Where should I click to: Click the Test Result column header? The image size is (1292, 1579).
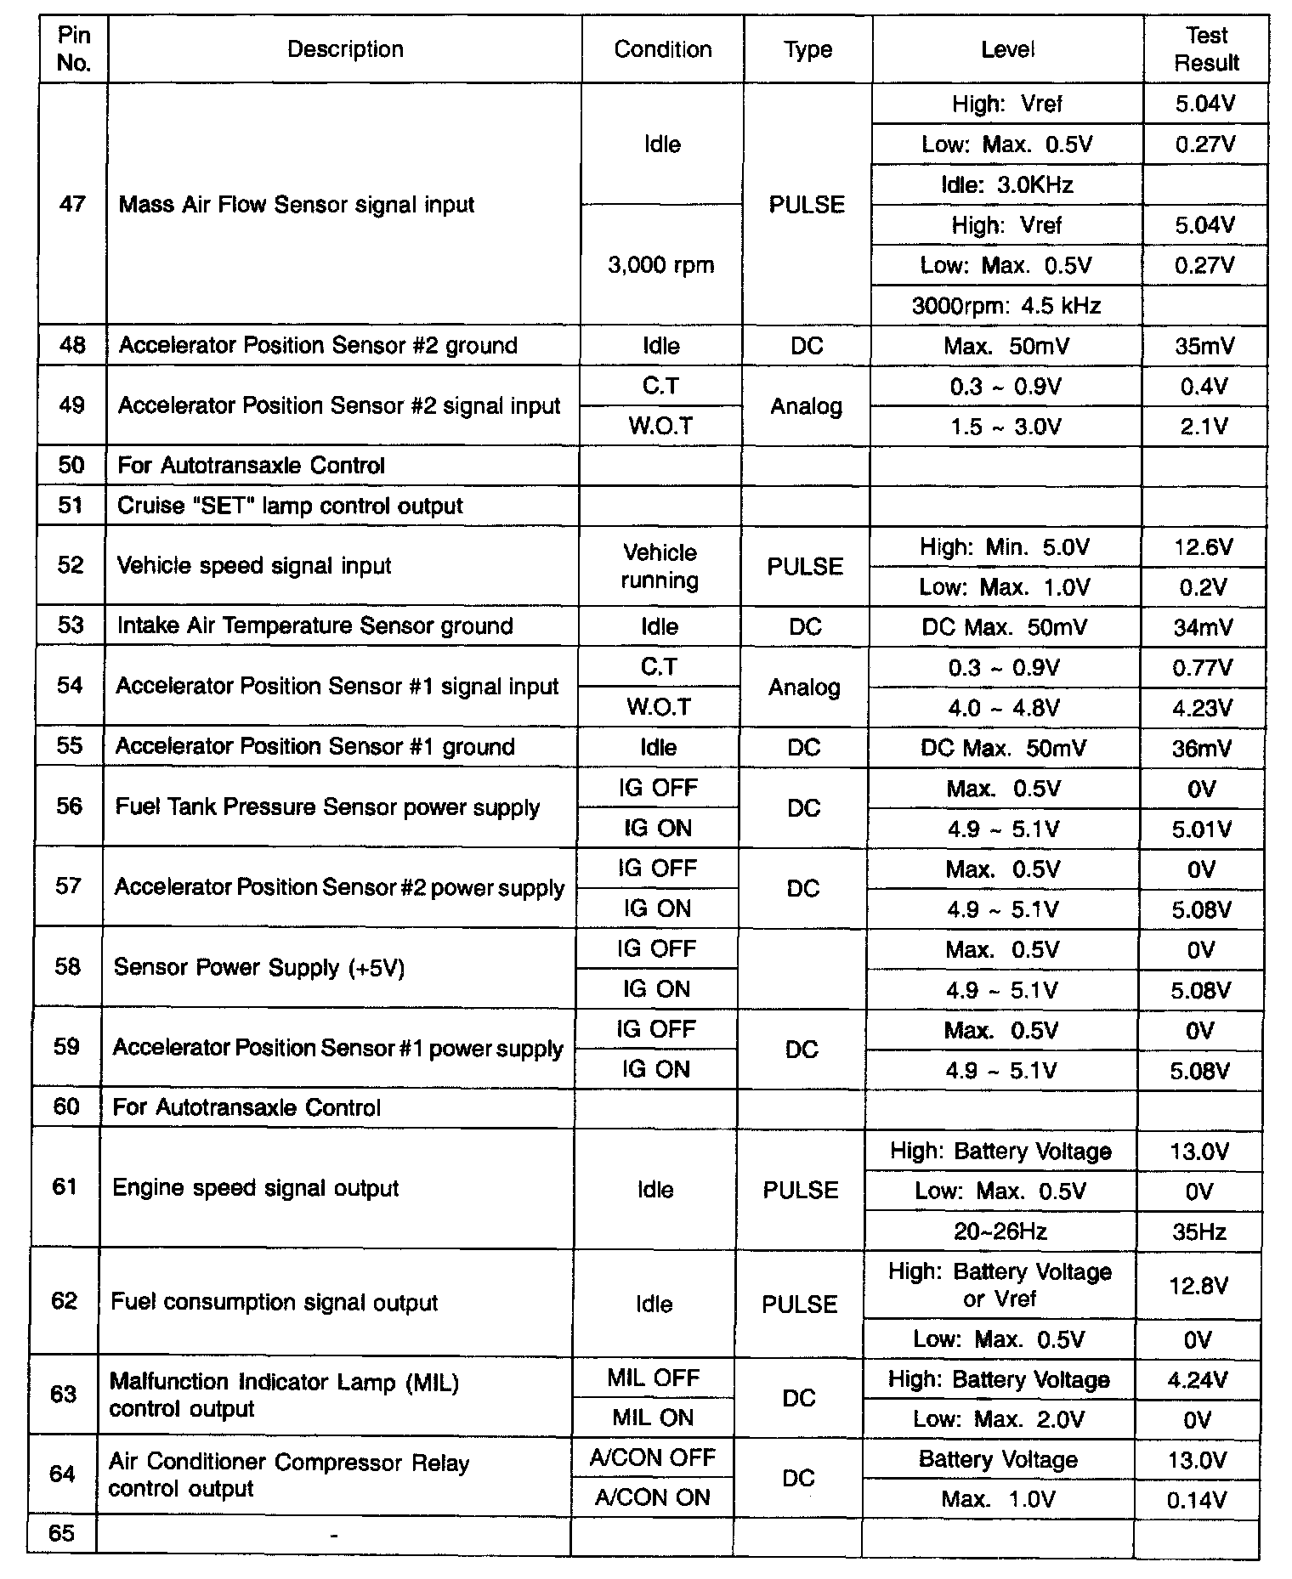coord(1206,49)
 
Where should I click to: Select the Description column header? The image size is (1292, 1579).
coord(345,49)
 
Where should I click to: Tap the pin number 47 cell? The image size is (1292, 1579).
coord(73,204)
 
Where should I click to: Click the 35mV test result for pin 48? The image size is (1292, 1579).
coord(1204,346)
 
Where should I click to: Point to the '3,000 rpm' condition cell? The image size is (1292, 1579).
coord(661,265)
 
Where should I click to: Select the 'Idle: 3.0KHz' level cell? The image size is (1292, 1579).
coord(1007,184)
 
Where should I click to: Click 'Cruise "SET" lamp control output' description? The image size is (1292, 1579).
coord(290,506)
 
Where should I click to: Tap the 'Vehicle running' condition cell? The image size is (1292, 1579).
coord(660,566)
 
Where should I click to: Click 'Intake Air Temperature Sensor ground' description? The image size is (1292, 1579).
coord(314,626)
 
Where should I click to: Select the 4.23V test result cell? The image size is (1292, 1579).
coord(1202,708)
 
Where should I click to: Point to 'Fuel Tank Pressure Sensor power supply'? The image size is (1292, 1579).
coord(327,806)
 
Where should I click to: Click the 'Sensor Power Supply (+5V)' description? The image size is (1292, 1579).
coord(258,968)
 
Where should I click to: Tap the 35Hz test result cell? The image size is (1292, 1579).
coord(1198,1231)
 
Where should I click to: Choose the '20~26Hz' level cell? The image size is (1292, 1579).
coord(1000,1231)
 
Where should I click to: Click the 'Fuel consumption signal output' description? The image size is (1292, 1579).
coord(274,1303)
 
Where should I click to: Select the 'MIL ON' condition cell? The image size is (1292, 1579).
coord(653,1418)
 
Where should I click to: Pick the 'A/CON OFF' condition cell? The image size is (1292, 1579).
coord(652,1458)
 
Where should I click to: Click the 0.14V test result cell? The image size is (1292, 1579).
coord(1196,1500)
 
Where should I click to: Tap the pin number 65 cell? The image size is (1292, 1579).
coord(61,1533)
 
